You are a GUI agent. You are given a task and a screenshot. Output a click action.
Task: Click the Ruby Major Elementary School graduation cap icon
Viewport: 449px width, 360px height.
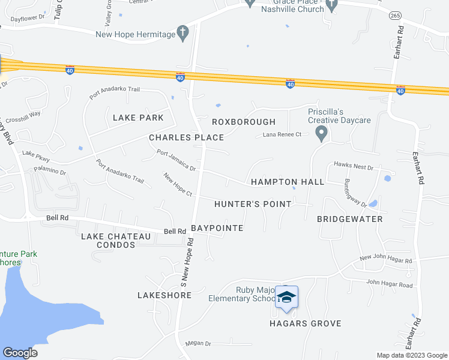(x=287, y=297)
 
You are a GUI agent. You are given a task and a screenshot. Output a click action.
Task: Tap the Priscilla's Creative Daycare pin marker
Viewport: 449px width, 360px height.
(x=322, y=133)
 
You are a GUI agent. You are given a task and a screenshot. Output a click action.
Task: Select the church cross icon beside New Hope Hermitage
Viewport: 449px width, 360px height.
(x=183, y=33)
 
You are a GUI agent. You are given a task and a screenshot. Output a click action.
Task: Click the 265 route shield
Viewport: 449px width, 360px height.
(x=394, y=15)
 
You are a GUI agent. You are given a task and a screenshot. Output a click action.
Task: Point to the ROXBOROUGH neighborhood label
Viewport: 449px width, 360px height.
(x=244, y=122)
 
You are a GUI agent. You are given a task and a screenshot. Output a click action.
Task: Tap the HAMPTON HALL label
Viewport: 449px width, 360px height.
(x=288, y=182)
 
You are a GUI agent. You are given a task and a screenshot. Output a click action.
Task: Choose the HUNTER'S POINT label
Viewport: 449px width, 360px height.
(x=253, y=204)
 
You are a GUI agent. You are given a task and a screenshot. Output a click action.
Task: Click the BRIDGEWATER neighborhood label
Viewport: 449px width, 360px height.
(x=350, y=219)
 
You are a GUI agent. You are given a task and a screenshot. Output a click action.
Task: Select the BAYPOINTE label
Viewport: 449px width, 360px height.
(x=217, y=229)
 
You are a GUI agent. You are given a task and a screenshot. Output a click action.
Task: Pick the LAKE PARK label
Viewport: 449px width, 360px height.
(x=138, y=118)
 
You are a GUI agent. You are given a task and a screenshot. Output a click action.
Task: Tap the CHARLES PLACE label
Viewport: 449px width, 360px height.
(x=186, y=137)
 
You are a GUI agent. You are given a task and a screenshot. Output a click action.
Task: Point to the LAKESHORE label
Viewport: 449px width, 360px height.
(x=160, y=295)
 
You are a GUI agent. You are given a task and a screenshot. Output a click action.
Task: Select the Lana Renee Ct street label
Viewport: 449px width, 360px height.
(x=282, y=135)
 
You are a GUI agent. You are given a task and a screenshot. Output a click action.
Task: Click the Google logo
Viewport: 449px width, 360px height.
(x=20, y=353)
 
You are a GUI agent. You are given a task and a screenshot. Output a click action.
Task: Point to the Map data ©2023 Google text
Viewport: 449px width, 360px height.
(x=411, y=355)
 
